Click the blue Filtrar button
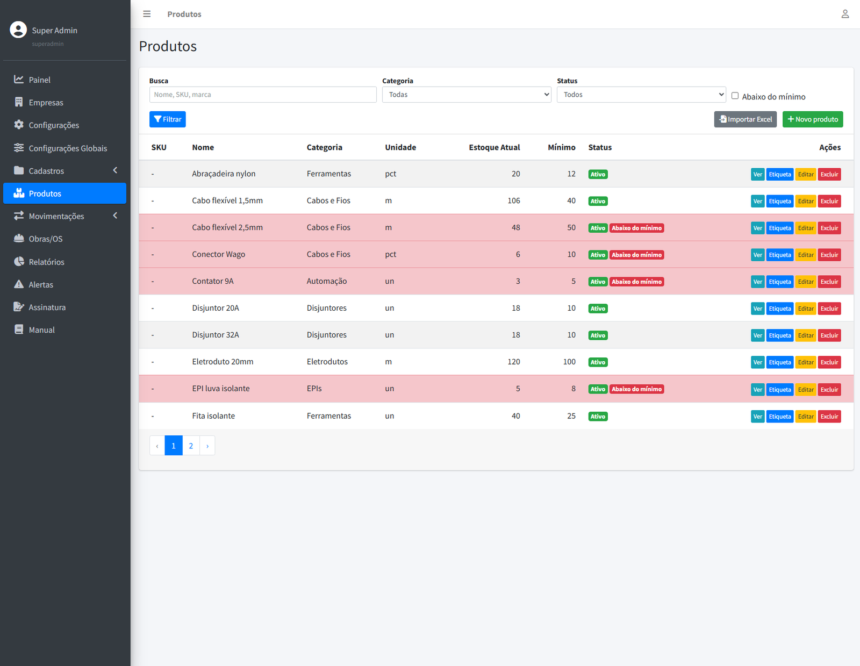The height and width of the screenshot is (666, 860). point(167,119)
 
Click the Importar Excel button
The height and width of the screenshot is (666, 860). point(745,119)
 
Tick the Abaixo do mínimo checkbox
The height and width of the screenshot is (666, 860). point(735,96)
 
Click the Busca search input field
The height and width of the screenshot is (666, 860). point(262,95)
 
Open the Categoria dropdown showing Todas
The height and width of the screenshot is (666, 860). point(466,95)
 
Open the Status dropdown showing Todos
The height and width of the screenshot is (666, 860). point(641,95)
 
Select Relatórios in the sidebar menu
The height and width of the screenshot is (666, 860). point(46,262)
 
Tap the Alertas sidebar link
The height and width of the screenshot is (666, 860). point(41,284)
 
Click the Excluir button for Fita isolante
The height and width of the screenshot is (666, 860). point(829,417)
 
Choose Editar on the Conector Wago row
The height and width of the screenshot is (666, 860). point(805,255)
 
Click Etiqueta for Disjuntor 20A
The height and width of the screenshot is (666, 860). point(779,309)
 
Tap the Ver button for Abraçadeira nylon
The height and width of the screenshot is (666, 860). point(757,174)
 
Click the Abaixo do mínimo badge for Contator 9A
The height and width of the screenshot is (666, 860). point(636,282)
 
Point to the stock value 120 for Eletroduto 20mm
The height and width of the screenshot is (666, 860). point(513,362)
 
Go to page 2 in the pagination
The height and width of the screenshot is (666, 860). point(191,446)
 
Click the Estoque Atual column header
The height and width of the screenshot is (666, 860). point(494,147)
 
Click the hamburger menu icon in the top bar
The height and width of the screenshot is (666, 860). point(147,14)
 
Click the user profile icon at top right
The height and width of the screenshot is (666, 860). point(845,14)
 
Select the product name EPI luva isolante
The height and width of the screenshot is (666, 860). point(221,389)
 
